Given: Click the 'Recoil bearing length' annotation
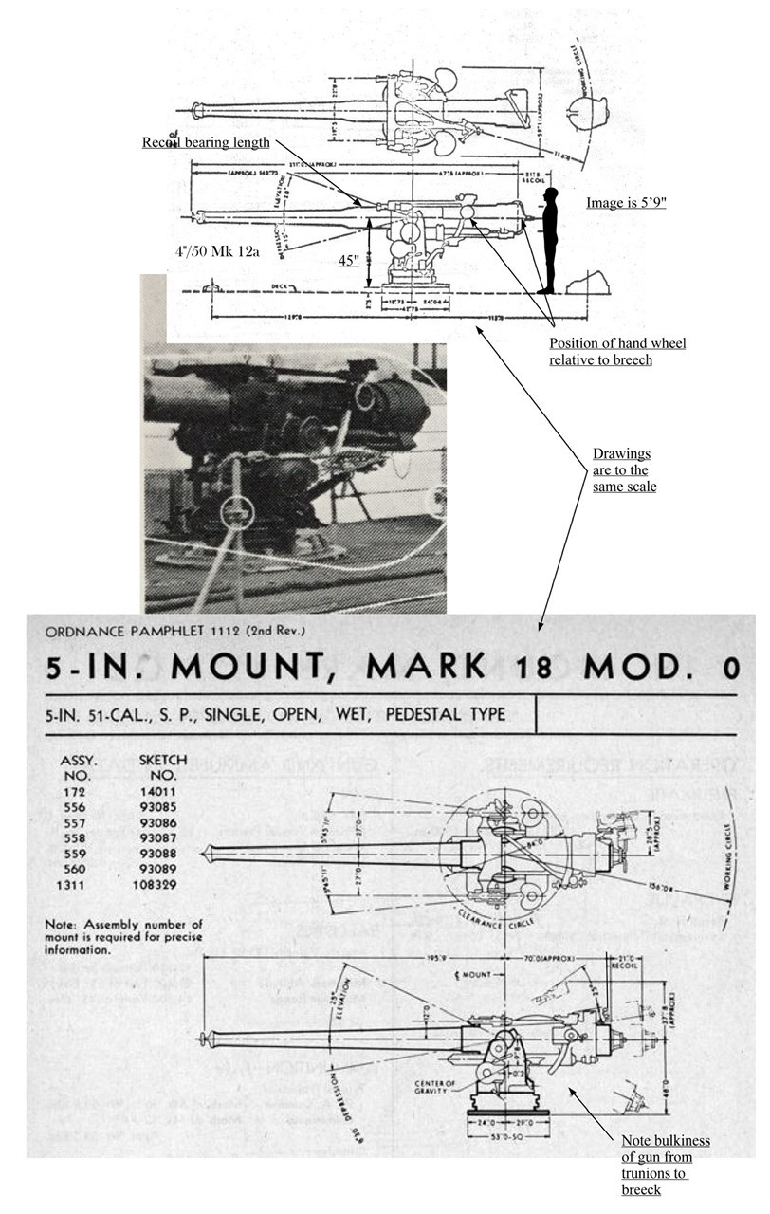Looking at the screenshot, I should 206,143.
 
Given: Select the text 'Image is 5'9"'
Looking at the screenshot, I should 626,203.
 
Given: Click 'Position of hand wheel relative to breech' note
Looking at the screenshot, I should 617,351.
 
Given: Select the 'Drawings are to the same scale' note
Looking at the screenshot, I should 621,471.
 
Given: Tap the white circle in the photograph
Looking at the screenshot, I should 237,512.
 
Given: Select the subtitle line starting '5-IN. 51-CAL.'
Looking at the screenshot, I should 275,714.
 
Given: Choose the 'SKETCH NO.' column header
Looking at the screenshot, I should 162,766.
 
